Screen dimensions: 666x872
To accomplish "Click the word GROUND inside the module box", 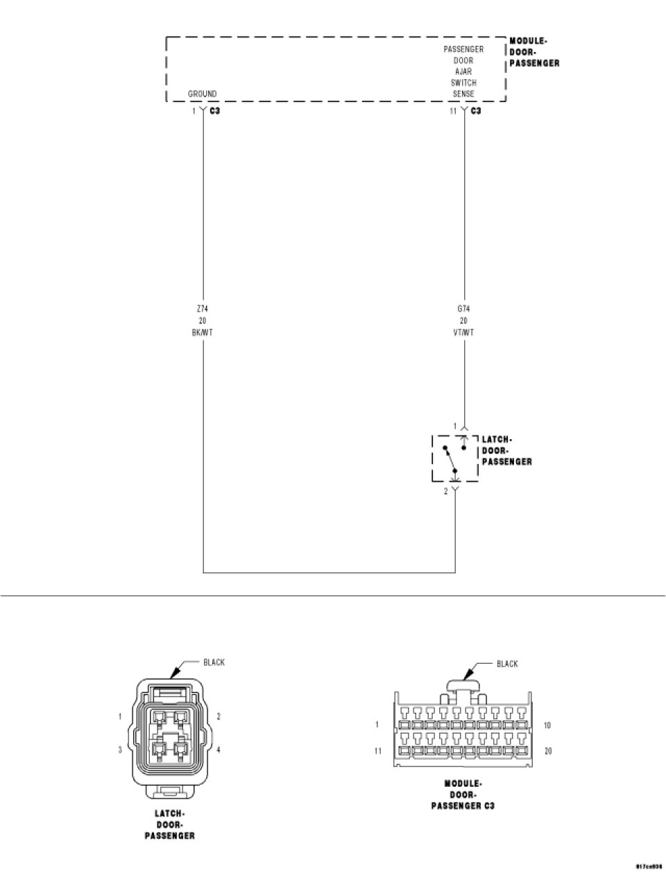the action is [x=202, y=94].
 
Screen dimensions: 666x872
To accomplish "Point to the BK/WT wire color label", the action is [x=202, y=332].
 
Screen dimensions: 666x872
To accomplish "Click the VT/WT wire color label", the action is [x=463, y=332].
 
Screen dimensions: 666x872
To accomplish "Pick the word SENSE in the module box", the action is [x=463, y=94].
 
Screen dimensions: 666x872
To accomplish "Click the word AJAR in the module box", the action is [x=463, y=71].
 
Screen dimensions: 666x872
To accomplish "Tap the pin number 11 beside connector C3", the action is [x=452, y=111].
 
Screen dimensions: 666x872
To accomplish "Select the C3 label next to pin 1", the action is [x=214, y=111].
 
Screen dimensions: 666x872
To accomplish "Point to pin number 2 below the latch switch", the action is [x=446, y=492].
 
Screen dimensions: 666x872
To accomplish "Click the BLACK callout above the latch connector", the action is [x=214, y=662].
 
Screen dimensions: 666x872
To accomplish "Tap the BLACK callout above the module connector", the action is [x=507, y=664].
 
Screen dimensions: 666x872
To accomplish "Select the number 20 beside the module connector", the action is [x=547, y=751].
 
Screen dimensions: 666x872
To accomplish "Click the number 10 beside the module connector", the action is [x=547, y=726].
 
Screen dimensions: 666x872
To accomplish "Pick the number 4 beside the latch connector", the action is [x=219, y=750].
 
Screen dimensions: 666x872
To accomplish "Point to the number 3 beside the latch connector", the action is [x=120, y=750].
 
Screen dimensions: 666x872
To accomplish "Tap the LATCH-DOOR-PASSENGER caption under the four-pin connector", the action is [x=169, y=824].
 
